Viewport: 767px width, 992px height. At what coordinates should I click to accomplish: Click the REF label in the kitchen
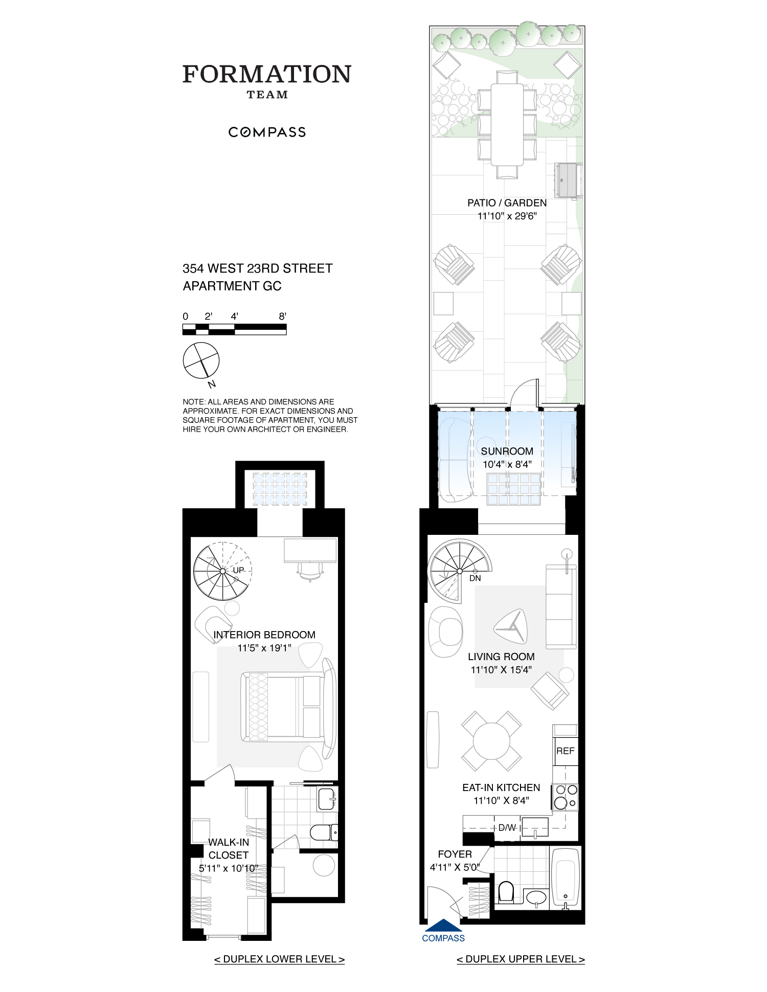[565, 751]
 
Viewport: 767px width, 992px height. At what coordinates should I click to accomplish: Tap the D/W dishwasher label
[507, 827]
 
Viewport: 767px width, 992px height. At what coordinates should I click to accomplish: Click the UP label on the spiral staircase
[238, 570]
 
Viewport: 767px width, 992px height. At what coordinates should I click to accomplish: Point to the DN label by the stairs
[475, 578]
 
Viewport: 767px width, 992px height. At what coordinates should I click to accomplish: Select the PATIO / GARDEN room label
[507, 203]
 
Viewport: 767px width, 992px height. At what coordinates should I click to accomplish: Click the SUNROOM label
[507, 451]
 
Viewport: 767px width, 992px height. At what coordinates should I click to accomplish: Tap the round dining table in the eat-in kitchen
[491, 741]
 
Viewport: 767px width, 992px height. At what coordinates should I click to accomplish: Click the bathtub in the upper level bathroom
[565, 876]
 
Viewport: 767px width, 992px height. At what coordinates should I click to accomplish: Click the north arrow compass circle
[201, 360]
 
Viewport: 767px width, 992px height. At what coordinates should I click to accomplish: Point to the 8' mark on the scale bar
[282, 317]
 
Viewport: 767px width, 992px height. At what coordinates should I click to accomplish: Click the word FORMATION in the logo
[267, 75]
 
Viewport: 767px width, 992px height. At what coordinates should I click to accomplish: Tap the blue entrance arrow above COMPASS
[443, 925]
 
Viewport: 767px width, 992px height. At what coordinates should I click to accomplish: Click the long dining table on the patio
[507, 124]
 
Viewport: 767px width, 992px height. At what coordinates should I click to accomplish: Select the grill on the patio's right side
[568, 180]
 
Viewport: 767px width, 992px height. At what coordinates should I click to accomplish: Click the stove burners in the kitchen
[565, 797]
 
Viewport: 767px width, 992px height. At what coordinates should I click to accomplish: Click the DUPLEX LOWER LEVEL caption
[279, 959]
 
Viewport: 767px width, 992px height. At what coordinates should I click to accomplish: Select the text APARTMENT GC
[232, 286]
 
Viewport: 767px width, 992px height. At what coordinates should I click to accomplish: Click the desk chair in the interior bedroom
[310, 572]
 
